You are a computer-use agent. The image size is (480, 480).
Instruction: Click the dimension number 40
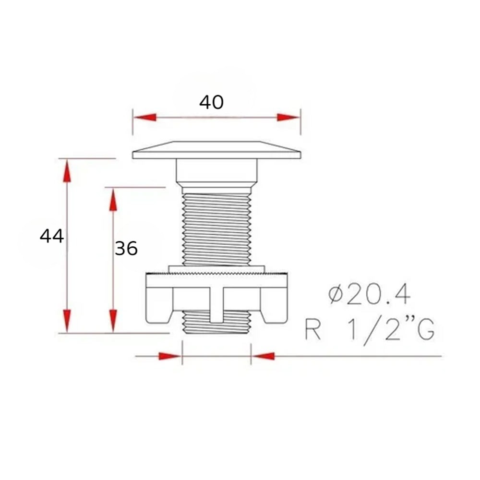[211, 102]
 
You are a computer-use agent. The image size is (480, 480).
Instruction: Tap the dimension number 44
[52, 236]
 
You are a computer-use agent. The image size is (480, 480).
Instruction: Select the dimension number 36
[126, 248]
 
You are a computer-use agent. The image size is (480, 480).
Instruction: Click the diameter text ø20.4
[369, 295]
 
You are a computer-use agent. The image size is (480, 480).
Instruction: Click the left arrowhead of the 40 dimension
[145, 118]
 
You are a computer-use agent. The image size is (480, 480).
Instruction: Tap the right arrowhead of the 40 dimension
[288, 118]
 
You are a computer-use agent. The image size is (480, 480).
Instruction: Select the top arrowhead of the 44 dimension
[67, 171]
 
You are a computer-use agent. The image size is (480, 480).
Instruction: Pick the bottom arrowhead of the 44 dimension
[67, 321]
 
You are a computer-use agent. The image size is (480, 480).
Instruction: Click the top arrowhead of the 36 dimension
[113, 200]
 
